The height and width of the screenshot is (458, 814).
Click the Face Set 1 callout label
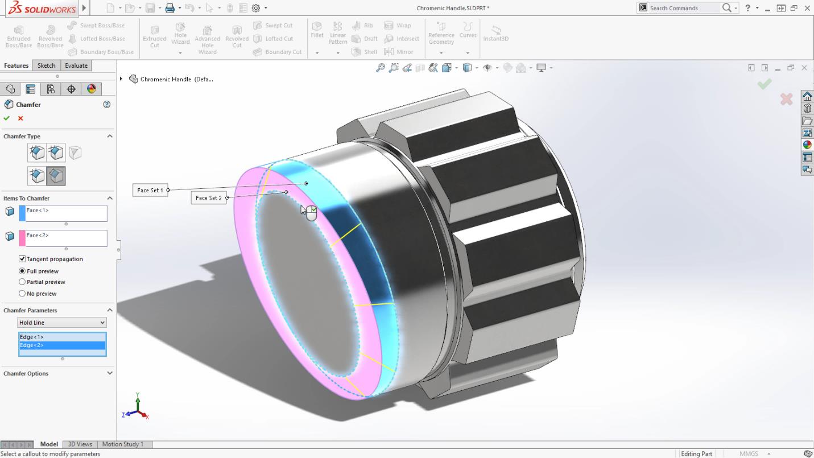click(x=150, y=190)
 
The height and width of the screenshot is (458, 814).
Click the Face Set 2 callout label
click(x=208, y=198)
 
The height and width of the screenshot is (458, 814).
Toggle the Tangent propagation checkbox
click(x=22, y=259)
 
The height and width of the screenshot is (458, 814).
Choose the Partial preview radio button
click(x=22, y=282)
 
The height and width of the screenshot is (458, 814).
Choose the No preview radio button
click(x=22, y=294)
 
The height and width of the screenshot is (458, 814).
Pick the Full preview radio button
click(x=22, y=271)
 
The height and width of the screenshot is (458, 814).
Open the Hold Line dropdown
click(x=62, y=323)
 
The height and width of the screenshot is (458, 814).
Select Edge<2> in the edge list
click(x=61, y=345)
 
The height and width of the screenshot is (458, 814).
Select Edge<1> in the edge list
click(x=61, y=337)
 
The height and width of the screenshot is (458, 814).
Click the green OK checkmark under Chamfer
click(x=7, y=118)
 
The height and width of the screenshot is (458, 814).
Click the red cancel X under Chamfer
click(x=20, y=118)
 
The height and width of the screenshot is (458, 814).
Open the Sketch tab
click(x=46, y=65)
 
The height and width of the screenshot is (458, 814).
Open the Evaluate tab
click(x=76, y=65)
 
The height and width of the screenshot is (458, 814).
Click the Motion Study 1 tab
click(x=122, y=444)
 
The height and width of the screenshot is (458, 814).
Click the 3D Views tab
click(x=80, y=444)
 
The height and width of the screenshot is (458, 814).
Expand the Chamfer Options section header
click(x=57, y=374)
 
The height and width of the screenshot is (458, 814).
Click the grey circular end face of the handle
click(x=307, y=284)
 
